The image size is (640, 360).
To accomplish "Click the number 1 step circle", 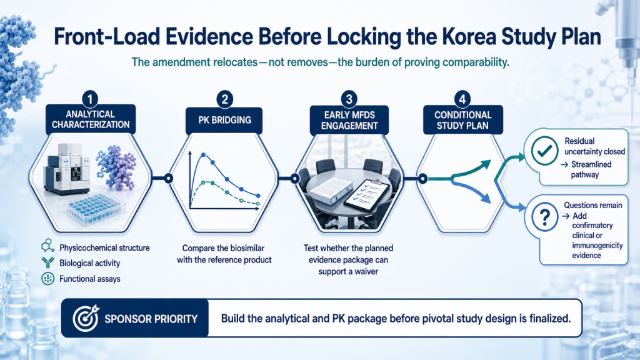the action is [90, 99].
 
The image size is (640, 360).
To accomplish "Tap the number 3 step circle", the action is [349, 99].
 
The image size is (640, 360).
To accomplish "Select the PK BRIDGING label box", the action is [224, 121].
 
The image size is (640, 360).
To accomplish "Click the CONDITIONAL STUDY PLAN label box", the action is [462, 120].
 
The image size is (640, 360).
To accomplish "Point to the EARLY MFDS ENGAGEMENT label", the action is [349, 120].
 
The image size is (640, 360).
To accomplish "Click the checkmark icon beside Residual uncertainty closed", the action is [544, 151].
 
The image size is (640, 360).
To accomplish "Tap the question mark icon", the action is [545, 217].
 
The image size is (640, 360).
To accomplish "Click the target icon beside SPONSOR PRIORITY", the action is [86, 318].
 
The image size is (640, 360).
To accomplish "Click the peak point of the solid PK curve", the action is [204, 155].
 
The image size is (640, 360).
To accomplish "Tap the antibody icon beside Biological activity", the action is [47, 262].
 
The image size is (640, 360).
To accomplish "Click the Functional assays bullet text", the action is [90, 279].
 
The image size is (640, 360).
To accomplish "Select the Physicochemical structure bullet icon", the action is [47, 246].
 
